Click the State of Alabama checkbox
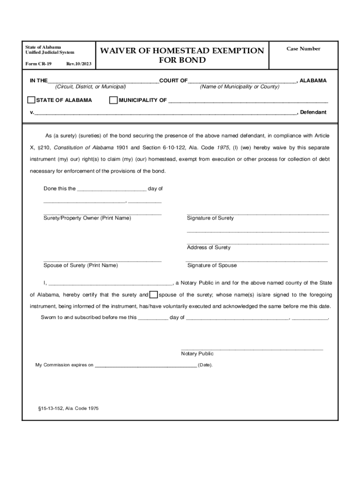[x=31, y=100]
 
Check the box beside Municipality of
[x=113, y=100]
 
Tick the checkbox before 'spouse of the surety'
[x=153, y=295]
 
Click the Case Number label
[x=303, y=49]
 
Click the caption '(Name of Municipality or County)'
[x=239, y=87]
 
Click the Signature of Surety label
[x=210, y=218]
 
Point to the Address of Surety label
[x=209, y=247]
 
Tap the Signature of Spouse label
[x=212, y=265]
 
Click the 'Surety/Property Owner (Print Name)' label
[x=87, y=218]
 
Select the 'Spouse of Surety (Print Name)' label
[x=80, y=265]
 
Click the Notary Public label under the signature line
[x=197, y=354]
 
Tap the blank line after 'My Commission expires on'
[x=145, y=365]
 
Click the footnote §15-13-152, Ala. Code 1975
[x=68, y=408]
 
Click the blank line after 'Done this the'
[x=111, y=189]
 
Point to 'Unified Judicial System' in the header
[x=50, y=52]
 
